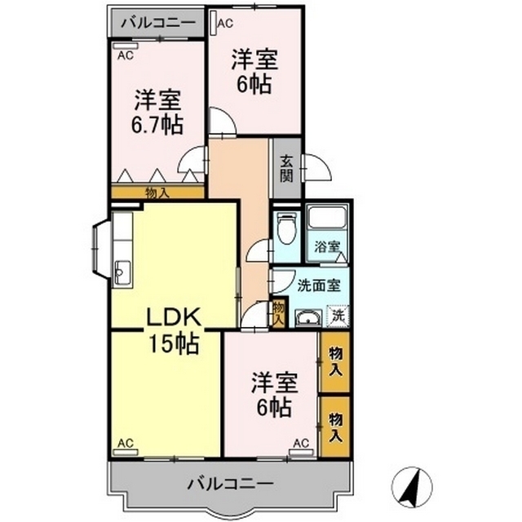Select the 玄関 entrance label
click(286, 169)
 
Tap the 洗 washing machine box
click(336, 314)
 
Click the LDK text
click(174, 318)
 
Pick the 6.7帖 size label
click(157, 125)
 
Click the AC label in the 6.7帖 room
click(125, 55)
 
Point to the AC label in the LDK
click(124, 444)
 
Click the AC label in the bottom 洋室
click(299, 444)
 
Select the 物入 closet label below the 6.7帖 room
click(157, 192)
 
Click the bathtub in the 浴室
click(328, 219)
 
